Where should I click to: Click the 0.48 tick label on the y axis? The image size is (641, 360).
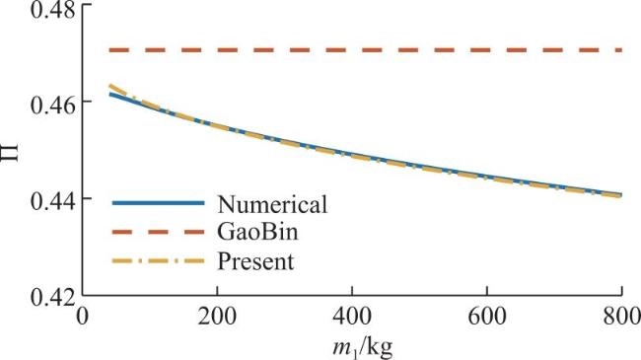pyautogui.click(x=53, y=10)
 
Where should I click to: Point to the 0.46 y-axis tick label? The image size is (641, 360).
pyautogui.click(x=53, y=106)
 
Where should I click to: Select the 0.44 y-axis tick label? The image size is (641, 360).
pyautogui.click(x=53, y=202)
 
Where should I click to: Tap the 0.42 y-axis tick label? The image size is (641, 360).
pyautogui.click(x=53, y=299)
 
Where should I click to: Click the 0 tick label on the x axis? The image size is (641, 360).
pyautogui.click(x=83, y=317)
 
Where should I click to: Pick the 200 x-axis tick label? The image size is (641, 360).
pyautogui.click(x=217, y=317)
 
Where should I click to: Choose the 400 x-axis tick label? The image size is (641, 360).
pyautogui.click(x=352, y=317)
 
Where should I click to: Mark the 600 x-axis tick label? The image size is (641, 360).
pyautogui.click(x=486, y=317)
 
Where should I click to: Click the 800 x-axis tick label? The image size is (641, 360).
pyautogui.click(x=621, y=317)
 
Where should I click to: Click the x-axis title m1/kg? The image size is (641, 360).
pyautogui.click(x=362, y=348)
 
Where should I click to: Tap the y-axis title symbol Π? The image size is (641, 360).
pyautogui.click(x=11, y=153)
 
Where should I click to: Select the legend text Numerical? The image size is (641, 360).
pyautogui.click(x=272, y=204)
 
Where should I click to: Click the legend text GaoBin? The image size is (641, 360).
pyautogui.click(x=257, y=232)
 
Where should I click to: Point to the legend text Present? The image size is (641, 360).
pyautogui.click(x=255, y=261)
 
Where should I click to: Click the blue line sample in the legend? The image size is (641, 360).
pyautogui.click(x=158, y=203)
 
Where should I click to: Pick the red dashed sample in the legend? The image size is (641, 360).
pyautogui.click(x=158, y=232)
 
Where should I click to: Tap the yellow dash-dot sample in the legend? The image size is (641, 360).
pyautogui.click(x=158, y=260)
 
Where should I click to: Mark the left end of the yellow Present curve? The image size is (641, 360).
pyautogui.click(x=110, y=86)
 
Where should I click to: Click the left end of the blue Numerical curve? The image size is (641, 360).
pyautogui.click(x=110, y=94)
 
